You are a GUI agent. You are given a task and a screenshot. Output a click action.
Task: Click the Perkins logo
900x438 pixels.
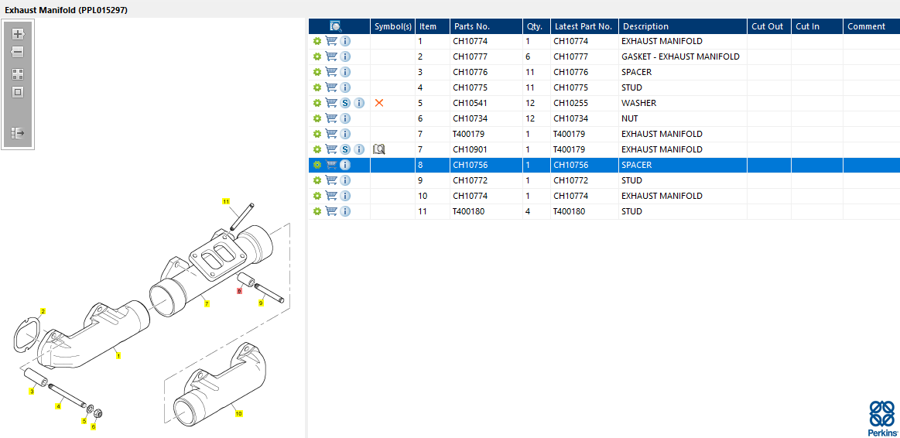tap(881, 418)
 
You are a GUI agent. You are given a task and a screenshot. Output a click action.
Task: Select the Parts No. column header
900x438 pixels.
tap(472, 26)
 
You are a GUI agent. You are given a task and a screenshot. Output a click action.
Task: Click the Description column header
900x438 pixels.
tap(645, 26)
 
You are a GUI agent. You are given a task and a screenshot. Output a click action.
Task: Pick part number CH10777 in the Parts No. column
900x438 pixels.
tap(470, 56)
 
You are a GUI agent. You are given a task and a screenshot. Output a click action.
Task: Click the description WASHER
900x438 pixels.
tap(638, 103)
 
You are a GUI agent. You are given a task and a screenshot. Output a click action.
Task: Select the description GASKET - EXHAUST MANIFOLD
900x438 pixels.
tap(680, 56)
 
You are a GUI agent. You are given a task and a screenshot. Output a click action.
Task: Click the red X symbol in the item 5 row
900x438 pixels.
tap(379, 103)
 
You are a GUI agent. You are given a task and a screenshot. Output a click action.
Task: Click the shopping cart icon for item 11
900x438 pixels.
tap(331, 211)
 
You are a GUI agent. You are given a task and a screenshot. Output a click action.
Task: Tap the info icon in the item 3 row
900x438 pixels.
tap(345, 72)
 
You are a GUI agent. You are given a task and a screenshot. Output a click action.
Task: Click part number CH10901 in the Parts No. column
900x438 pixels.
tap(470, 149)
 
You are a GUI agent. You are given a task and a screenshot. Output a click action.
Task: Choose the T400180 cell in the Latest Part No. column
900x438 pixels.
tap(570, 211)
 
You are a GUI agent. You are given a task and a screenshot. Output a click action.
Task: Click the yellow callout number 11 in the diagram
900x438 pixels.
tap(227, 201)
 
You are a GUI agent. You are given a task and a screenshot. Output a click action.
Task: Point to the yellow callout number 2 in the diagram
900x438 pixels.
tap(43, 311)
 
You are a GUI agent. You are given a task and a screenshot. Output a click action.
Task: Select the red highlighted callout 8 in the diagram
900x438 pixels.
tap(240, 290)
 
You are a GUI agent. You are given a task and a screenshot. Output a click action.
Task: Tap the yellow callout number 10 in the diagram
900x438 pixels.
tap(238, 414)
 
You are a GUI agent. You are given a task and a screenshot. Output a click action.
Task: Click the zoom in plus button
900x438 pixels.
tap(18, 34)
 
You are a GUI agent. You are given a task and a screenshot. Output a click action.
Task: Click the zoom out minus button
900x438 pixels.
tap(18, 52)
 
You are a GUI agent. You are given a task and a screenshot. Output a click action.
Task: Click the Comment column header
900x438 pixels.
tap(866, 26)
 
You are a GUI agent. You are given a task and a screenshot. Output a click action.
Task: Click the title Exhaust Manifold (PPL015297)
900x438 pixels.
tap(67, 10)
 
